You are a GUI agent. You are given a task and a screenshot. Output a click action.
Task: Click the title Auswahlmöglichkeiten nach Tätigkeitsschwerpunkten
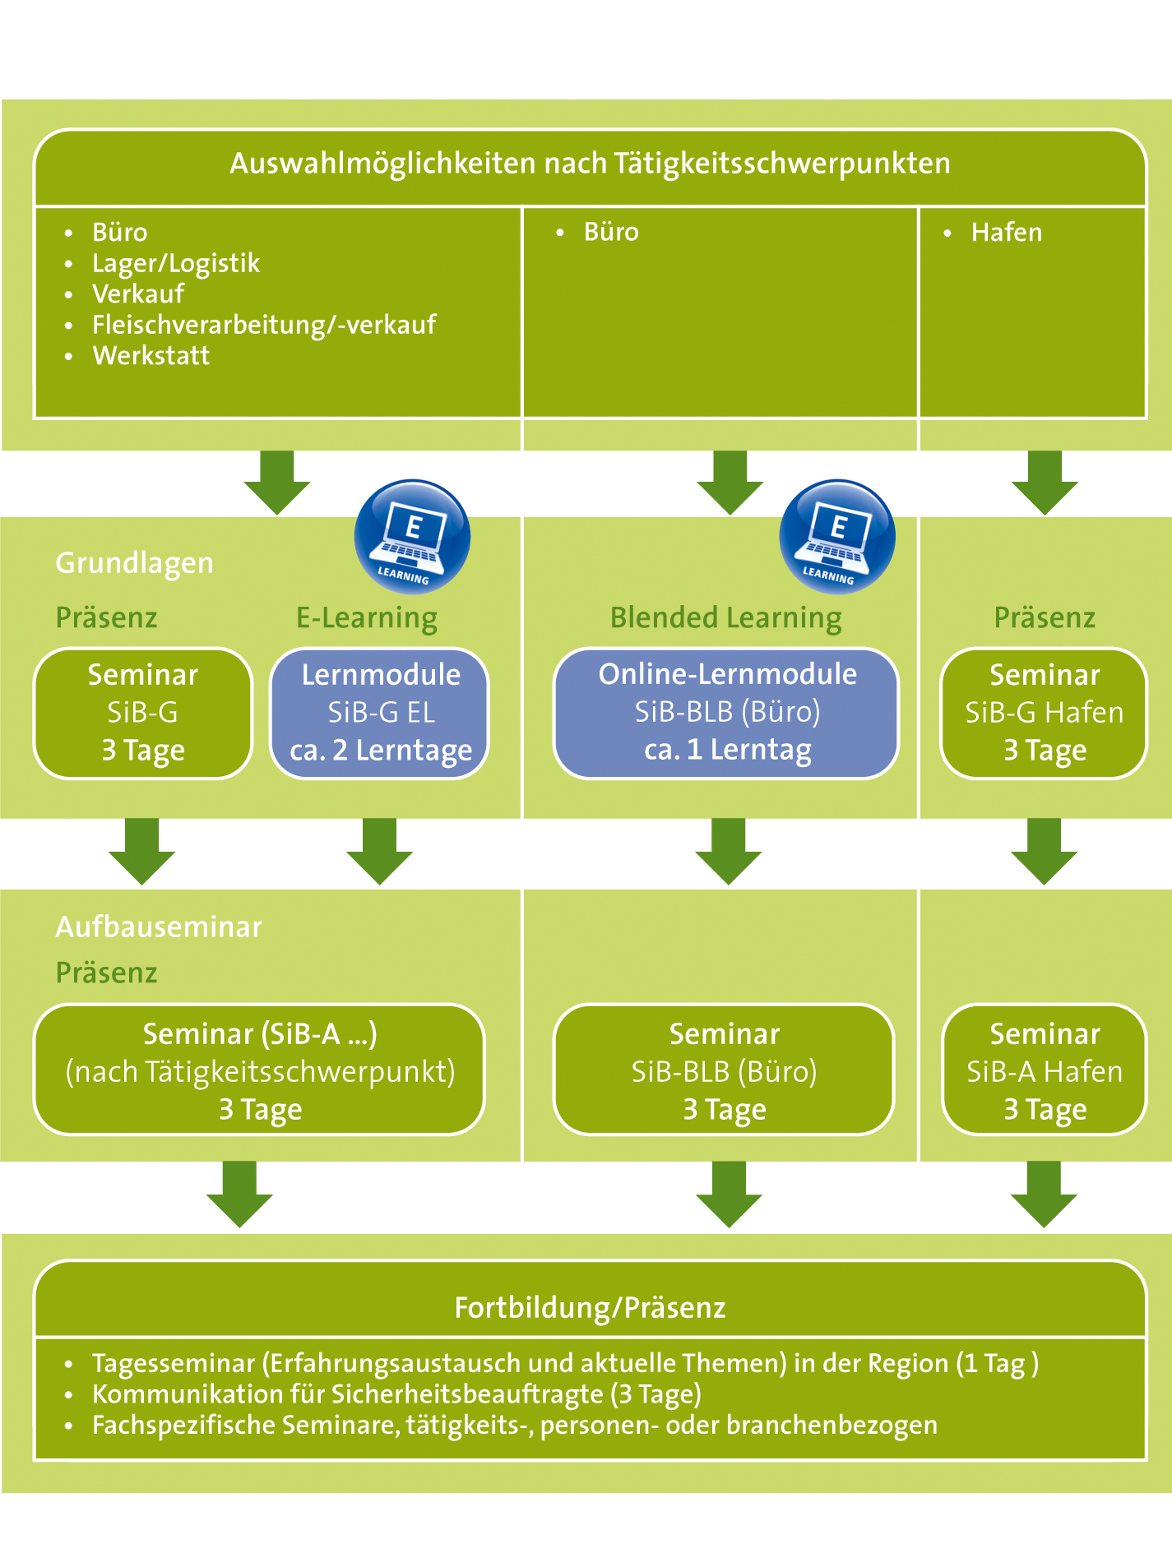[x=590, y=164]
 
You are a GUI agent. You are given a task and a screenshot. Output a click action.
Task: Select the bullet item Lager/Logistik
[x=176, y=263]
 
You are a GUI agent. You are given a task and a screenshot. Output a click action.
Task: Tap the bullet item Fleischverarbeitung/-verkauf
[x=264, y=325]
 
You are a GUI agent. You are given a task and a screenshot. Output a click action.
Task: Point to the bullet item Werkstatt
[x=151, y=355]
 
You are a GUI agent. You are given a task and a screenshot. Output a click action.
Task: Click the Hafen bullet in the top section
[x=1007, y=233]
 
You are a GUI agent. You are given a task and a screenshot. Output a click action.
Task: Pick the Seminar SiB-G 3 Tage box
[x=143, y=713]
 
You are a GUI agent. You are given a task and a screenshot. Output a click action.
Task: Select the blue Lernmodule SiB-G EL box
[x=380, y=713]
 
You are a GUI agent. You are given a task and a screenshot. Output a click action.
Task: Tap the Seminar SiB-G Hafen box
[x=1045, y=713]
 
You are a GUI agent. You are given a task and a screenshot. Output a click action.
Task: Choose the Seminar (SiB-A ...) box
[x=260, y=1070]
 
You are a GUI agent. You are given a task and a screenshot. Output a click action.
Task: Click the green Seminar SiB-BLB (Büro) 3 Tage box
[x=725, y=1070]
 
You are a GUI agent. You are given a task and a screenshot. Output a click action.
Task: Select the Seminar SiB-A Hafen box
[x=1045, y=1070]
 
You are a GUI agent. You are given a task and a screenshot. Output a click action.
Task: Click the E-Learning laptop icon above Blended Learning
[x=837, y=536]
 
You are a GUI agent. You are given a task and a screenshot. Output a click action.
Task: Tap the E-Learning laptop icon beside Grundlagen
[x=412, y=536]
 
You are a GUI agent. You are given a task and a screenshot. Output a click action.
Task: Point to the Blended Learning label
[x=726, y=617]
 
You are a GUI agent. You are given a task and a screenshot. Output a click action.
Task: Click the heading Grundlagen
[x=135, y=563]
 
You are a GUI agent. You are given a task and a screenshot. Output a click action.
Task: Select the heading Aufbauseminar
[x=159, y=927]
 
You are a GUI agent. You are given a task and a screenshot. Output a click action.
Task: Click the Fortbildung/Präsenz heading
[x=591, y=1307]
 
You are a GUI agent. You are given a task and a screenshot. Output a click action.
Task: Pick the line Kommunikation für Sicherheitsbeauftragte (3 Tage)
[x=396, y=1394]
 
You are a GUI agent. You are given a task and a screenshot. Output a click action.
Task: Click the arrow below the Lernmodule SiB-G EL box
[x=380, y=852]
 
